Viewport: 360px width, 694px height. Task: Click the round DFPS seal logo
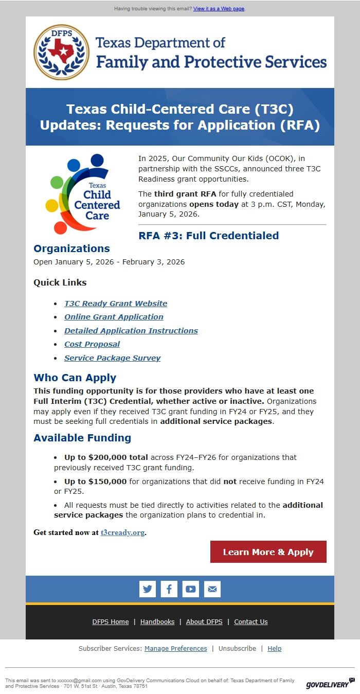62,52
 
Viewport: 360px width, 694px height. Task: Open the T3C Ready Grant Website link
116,304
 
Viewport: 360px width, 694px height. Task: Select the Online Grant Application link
114,317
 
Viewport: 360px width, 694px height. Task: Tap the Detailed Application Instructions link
131,331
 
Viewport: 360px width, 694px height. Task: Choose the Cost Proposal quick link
92,344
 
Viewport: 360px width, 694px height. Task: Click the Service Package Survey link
113,358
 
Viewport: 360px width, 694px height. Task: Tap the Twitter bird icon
148,589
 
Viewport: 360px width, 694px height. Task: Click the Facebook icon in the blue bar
169,589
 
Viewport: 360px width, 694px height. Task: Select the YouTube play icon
191,589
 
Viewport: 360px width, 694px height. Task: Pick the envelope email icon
212,589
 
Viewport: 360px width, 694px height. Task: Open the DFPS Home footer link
111,622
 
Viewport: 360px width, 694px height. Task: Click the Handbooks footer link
157,622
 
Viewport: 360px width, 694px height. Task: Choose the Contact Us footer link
251,622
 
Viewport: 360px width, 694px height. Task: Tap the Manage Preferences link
176,649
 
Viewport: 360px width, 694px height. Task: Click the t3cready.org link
122,532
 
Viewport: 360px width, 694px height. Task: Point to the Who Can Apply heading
75,378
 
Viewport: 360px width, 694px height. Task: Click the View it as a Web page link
219,9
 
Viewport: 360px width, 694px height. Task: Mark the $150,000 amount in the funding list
107,482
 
